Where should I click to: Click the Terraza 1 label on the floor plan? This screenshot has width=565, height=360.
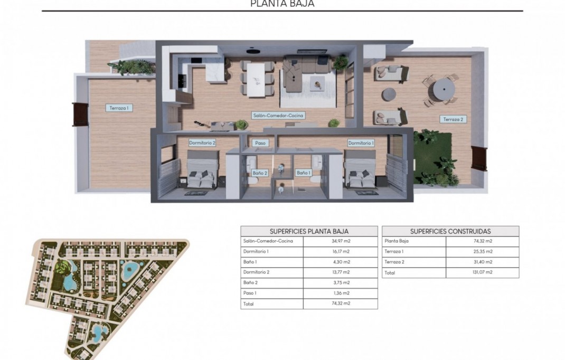coord(119,108)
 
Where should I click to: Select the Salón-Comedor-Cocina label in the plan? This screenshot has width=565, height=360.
coord(278,115)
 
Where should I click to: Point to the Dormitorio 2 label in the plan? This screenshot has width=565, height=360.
coord(202,143)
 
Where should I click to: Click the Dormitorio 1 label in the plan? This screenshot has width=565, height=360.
coord(361,143)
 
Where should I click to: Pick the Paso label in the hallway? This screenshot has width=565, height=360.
coord(260,143)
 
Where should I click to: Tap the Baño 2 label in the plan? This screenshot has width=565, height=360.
coord(260,173)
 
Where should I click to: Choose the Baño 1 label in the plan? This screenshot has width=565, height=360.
coord(303,173)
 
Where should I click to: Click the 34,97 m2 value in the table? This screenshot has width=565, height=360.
coord(341,241)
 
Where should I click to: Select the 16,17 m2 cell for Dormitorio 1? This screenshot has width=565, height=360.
coord(341,252)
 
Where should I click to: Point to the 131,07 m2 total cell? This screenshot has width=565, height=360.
coord(482,272)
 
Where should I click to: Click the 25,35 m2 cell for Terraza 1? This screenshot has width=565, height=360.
coord(482,252)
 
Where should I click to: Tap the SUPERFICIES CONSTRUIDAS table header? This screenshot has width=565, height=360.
coord(450,231)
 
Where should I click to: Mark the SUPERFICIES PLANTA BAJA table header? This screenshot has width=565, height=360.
coord(309,231)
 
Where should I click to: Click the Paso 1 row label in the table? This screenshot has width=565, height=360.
coord(250,293)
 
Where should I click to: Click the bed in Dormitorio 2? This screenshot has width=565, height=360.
coord(202,170)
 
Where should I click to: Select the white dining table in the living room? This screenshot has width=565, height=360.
coord(257,79)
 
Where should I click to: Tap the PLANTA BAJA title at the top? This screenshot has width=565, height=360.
coord(282,4)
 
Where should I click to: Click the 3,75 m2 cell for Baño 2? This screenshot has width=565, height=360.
coord(341,283)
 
